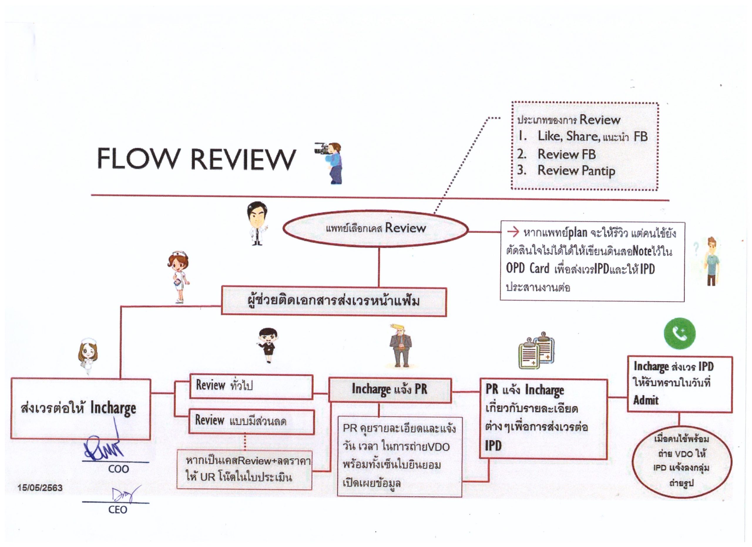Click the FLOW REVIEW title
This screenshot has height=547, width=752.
coord(196,159)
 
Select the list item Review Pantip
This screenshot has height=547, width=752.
coord(576,170)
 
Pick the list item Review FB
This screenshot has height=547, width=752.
coord(566,154)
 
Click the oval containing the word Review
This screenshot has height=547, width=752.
coord(375,228)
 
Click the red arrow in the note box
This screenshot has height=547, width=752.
coord(513,232)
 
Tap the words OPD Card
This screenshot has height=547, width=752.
coord(528,268)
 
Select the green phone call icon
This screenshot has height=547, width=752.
coord(679,333)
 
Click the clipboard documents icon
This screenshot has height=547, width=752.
coord(536,350)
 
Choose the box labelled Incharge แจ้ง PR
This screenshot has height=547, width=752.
coord(390,389)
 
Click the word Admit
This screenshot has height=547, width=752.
coord(646,400)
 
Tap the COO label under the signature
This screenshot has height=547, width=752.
coord(118,469)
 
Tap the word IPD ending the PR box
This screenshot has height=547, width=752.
coord(493,446)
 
